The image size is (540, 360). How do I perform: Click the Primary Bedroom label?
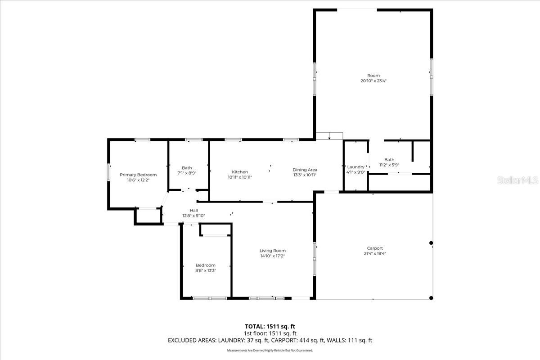coord(138,175)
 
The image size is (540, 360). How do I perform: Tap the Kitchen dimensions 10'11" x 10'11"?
coord(240,177)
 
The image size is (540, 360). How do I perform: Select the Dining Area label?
coord(305,170)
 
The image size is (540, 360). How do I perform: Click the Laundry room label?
coord(355,167)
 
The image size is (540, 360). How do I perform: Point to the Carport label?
coord(375,248)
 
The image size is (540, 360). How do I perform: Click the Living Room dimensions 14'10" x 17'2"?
coord(272,256)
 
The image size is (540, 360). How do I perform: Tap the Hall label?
coord(193,210)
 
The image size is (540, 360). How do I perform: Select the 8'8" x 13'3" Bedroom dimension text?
coord(206,270)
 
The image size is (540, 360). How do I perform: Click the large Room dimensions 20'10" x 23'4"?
coord(373,81)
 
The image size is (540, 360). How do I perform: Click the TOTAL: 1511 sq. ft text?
coord(270,326)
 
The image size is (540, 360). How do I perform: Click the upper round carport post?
coord(431,243)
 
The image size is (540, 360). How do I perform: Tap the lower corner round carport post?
coord(431,298)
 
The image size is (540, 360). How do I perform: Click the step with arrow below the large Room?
coord(329,136)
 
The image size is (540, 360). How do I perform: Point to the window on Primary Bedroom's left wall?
coord(108,172)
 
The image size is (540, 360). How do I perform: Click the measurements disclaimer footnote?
coord(270,350)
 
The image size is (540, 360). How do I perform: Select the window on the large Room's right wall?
coord(431,76)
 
